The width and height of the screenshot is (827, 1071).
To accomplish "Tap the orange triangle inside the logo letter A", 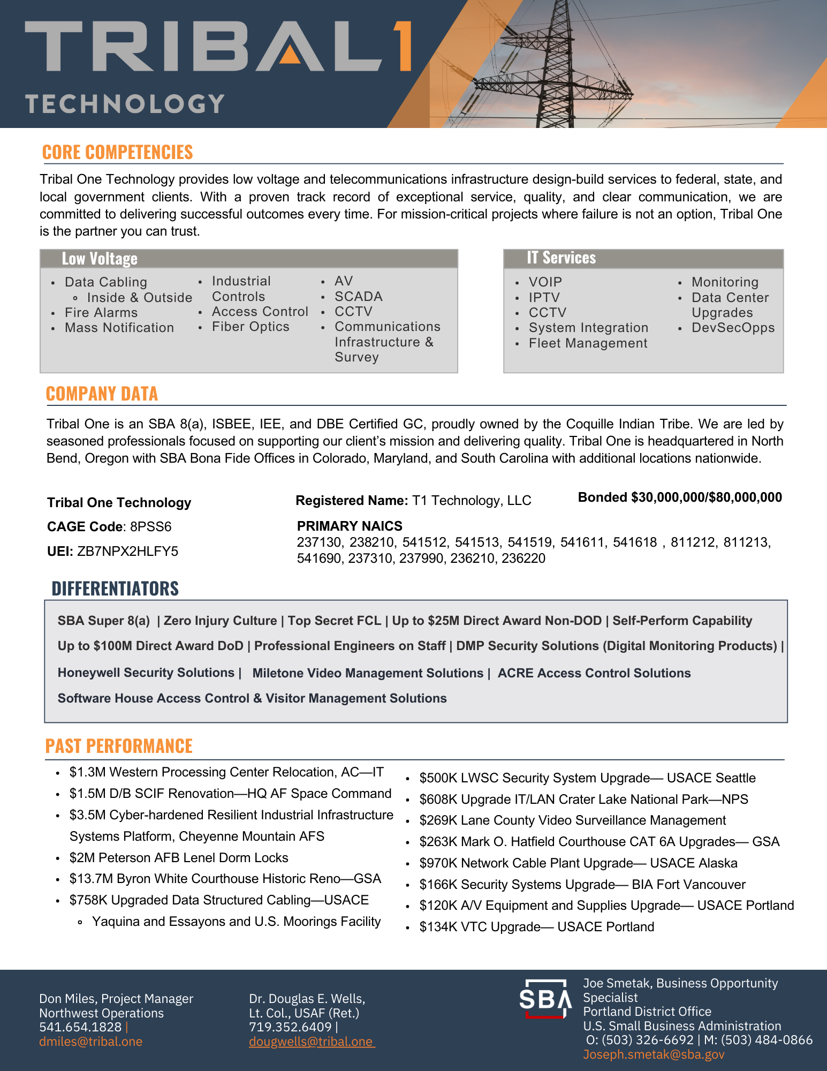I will click(x=290, y=54).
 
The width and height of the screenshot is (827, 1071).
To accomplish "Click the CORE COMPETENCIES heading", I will click(x=117, y=152).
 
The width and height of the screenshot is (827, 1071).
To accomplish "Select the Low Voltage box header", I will click(x=100, y=259).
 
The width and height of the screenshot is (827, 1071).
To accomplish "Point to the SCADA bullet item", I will click(x=358, y=296).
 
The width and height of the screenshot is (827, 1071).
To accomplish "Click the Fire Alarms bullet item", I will click(x=101, y=312).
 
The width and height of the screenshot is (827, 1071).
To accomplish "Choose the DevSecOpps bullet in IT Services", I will click(x=733, y=327).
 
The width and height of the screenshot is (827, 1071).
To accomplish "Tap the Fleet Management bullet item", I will click(x=588, y=343).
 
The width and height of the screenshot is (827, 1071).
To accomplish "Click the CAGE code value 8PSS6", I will click(x=151, y=526).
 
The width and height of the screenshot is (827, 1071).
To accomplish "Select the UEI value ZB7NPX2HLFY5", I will click(x=127, y=551).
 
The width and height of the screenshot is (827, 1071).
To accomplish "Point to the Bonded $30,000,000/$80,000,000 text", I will click(x=680, y=497).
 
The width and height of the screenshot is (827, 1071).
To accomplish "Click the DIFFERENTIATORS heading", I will click(x=115, y=588).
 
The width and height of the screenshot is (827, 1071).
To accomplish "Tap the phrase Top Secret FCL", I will click(x=334, y=621).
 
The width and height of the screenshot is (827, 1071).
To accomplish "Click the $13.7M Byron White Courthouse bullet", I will click(x=225, y=878).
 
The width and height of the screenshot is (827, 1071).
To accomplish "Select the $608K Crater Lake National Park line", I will click(x=583, y=799).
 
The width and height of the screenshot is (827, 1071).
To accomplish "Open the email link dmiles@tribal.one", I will click(x=90, y=1042).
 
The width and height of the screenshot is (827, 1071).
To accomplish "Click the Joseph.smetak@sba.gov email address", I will click(x=654, y=1054).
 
